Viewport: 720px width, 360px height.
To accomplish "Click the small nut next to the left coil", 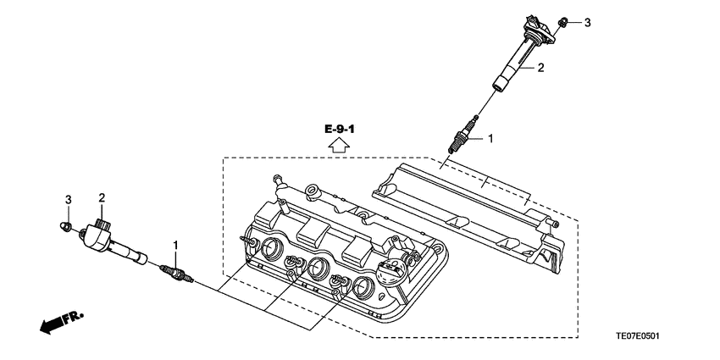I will point(64,226).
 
